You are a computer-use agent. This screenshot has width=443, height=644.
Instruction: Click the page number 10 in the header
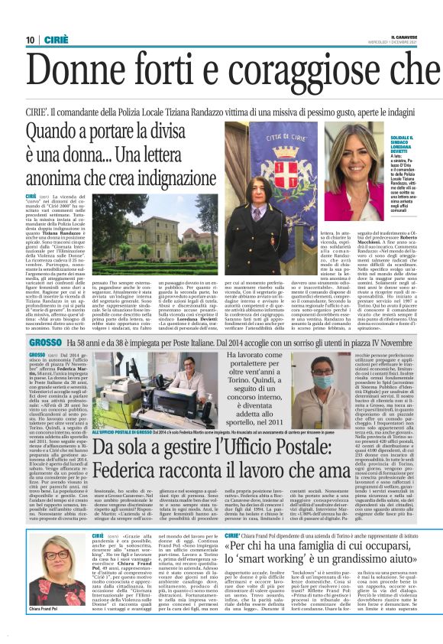tap(30, 40)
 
